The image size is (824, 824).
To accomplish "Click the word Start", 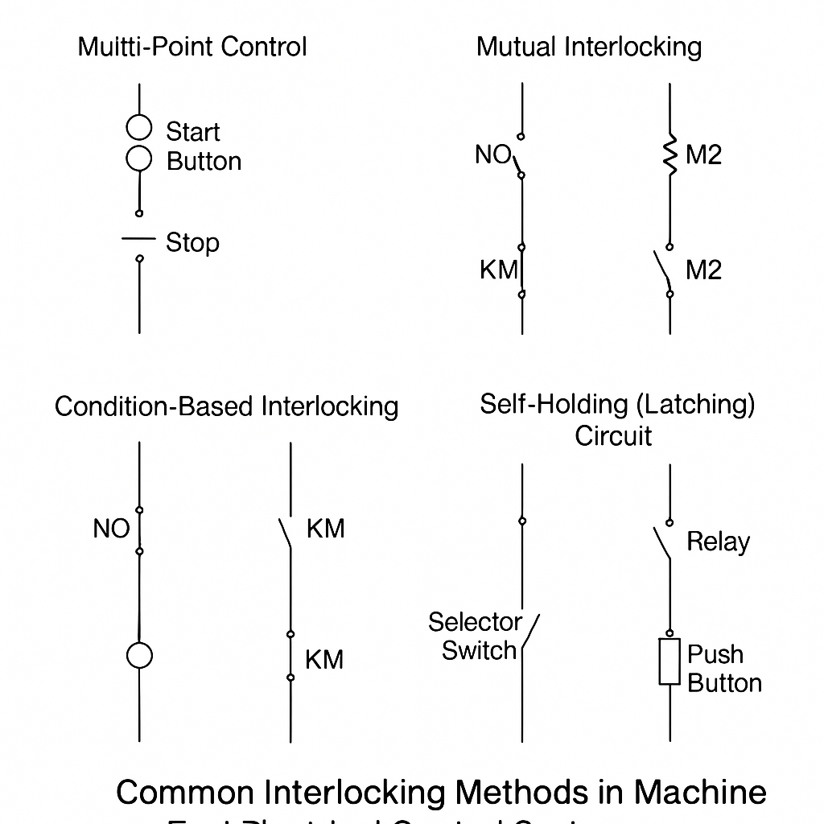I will click(192, 131).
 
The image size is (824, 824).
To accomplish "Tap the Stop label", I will click(192, 242).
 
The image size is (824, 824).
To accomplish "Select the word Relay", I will click(718, 542).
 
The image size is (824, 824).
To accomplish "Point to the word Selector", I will click(475, 622).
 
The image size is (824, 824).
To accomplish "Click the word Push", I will click(715, 654).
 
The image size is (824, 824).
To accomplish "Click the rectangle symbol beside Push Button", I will click(669, 662).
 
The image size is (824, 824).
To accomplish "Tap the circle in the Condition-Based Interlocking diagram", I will click(139, 656).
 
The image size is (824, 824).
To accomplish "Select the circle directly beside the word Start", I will click(139, 128).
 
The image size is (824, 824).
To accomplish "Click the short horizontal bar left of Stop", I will click(138, 238).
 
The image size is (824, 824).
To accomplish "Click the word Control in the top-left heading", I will click(264, 47).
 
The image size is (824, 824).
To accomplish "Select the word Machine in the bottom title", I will click(700, 793).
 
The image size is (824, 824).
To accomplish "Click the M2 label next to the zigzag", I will click(703, 154).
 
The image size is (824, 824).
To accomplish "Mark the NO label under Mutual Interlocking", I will click(492, 154).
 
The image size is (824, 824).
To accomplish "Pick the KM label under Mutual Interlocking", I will click(498, 270).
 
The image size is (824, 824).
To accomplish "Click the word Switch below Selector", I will click(479, 650).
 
